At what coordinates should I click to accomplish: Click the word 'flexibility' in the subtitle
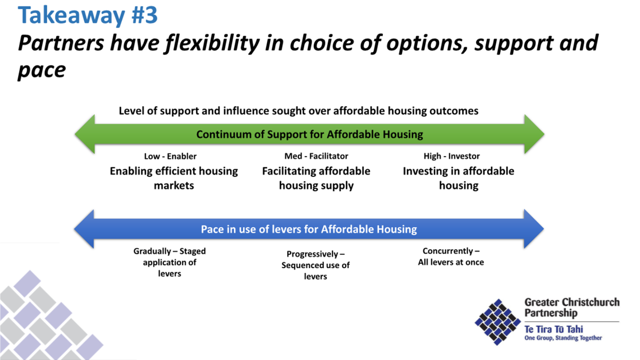[x=212, y=43]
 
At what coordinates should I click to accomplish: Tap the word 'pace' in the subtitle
[x=42, y=70]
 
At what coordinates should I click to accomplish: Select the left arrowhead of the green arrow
[x=85, y=134]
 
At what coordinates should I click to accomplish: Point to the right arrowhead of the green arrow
[x=534, y=134]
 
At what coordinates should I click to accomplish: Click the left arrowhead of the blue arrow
[x=84, y=229]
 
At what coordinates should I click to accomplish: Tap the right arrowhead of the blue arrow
[x=534, y=229]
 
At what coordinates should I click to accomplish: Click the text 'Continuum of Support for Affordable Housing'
[x=310, y=134]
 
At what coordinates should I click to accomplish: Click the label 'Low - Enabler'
[x=170, y=156]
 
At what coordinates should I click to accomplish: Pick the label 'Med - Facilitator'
[x=316, y=156]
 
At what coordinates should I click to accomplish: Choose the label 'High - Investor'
[x=451, y=156]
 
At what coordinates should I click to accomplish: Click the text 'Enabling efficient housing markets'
[x=174, y=178]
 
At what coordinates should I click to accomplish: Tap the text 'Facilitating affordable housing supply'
[x=316, y=178]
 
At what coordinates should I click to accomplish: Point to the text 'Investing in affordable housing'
[x=458, y=178]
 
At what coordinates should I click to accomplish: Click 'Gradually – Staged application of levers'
[x=169, y=262]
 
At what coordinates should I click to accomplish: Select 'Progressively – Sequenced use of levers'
[x=316, y=265]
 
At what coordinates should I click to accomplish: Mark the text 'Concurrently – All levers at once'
[x=451, y=256]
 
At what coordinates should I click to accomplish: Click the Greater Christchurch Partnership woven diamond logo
[x=498, y=322]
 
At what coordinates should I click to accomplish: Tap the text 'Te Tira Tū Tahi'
[x=553, y=329]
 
